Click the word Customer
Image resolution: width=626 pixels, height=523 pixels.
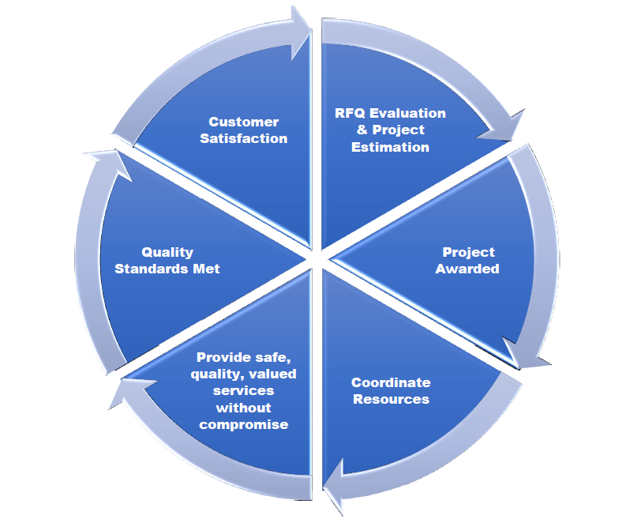(x=243, y=122)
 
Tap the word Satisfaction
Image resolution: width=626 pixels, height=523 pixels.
(x=243, y=138)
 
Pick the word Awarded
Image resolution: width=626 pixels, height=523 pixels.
(x=469, y=269)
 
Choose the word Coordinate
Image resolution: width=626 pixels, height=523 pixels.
(x=391, y=383)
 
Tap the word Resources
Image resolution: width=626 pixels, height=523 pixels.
(x=391, y=399)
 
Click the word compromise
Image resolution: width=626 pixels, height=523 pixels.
(x=243, y=425)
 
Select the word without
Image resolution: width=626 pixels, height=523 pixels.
(x=243, y=408)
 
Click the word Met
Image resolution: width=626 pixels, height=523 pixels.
(x=208, y=269)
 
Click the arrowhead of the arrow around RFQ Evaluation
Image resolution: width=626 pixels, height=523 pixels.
(x=510, y=126)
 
